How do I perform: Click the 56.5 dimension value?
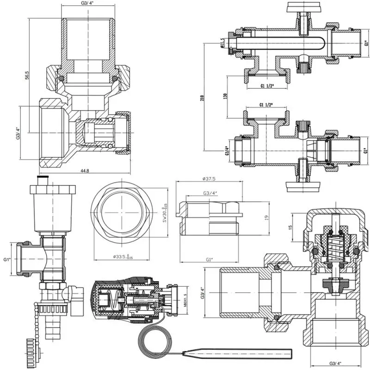(x=27, y=75)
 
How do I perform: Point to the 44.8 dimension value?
(x=85, y=171)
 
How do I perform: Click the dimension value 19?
(x=266, y=217)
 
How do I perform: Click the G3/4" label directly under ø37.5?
(x=211, y=193)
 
